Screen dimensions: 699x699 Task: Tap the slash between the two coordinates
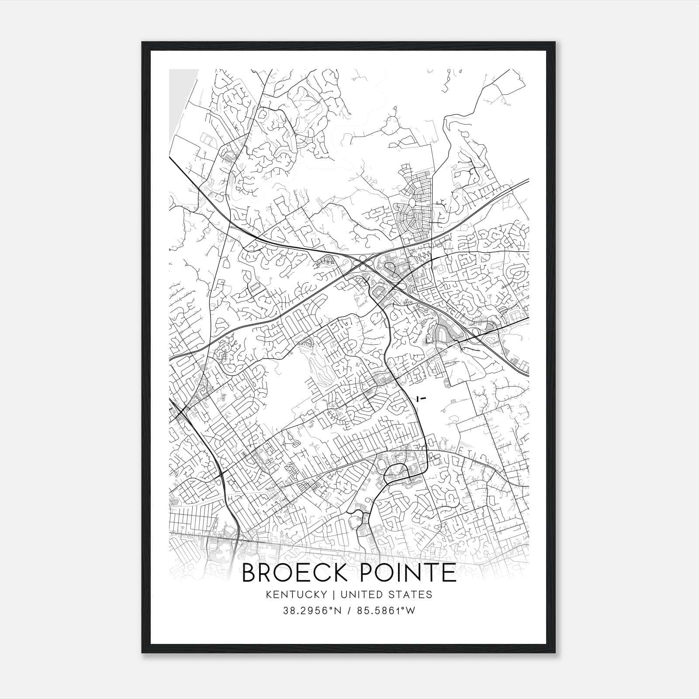tap(349, 611)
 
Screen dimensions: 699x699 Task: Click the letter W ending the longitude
tap(410, 611)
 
